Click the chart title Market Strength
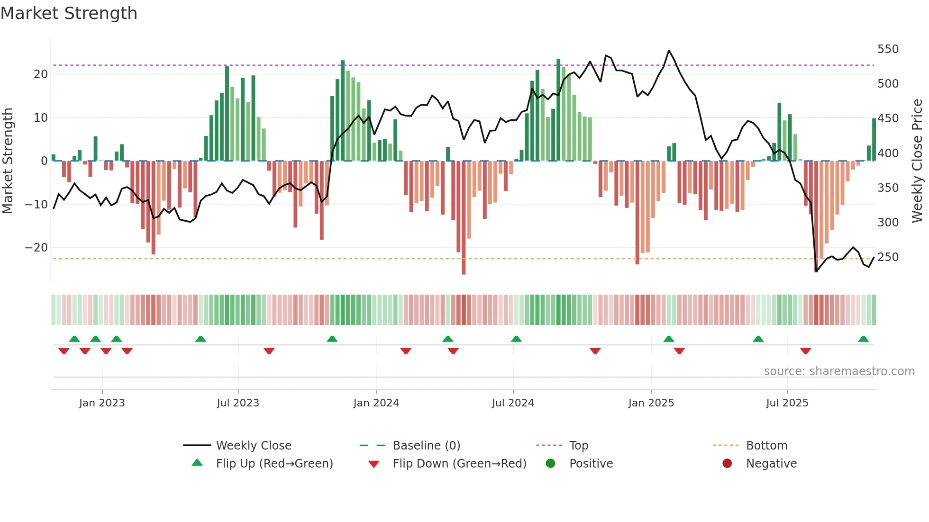[x=69, y=13]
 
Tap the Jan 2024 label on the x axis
[x=376, y=403]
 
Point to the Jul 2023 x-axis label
[x=238, y=403]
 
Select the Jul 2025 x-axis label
[x=787, y=403]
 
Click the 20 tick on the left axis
[x=41, y=74]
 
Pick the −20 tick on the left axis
[x=36, y=248]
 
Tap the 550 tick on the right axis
[x=888, y=49]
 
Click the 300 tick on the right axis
[x=888, y=223]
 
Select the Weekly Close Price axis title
[x=917, y=161]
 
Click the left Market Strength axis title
[x=8, y=161]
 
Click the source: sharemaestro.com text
[x=839, y=371]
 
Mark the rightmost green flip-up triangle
[x=863, y=339]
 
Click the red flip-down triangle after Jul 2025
[x=805, y=351]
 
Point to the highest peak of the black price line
[x=669, y=51]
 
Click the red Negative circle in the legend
[x=727, y=464]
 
